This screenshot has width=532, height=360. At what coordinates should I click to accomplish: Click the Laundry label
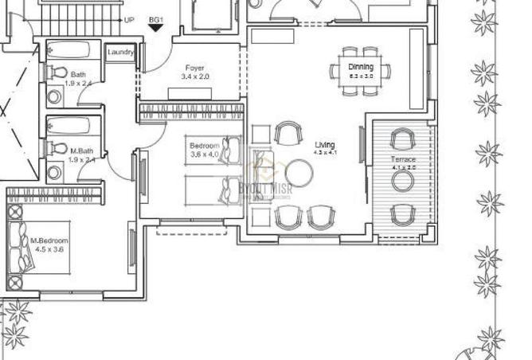(x=120, y=53)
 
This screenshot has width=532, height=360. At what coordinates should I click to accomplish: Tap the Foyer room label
(x=195, y=68)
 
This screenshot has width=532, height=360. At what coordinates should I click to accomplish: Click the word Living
(x=325, y=144)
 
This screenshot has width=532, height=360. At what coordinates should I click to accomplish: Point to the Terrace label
(x=403, y=160)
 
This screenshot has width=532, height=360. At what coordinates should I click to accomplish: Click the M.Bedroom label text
(x=49, y=241)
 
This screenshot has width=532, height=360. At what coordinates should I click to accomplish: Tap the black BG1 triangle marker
(x=156, y=27)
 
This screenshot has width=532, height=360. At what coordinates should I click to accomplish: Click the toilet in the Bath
(x=57, y=72)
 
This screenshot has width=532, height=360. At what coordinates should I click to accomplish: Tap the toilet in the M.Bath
(x=57, y=148)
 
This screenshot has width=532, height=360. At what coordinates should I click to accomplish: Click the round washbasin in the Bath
(x=55, y=97)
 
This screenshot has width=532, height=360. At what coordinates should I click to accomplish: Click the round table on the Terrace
(x=402, y=181)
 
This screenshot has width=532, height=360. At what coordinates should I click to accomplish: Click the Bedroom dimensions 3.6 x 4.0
(x=204, y=155)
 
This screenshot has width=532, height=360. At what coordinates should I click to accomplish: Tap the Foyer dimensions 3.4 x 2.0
(x=195, y=77)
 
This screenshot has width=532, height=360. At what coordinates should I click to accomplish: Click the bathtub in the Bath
(x=72, y=50)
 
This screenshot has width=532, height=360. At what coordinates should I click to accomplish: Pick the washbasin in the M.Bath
(x=55, y=172)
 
